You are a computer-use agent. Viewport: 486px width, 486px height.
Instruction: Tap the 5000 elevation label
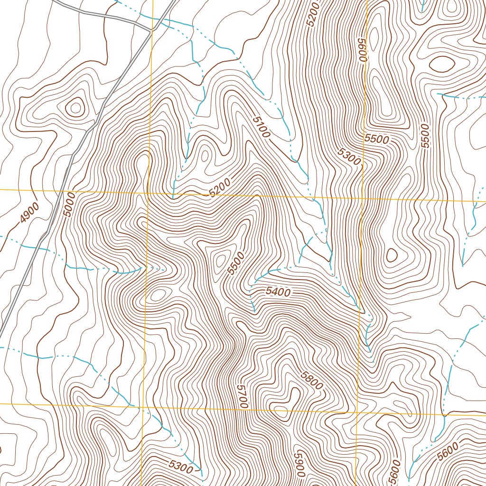pos(69,205)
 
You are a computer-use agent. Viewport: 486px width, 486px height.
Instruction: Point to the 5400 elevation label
pos(278,292)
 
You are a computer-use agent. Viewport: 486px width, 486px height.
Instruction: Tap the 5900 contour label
pos(299,463)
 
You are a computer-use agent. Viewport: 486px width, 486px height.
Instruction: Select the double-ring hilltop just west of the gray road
pos(75,108)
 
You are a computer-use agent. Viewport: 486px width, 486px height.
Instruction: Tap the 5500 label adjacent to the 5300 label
pos(377,139)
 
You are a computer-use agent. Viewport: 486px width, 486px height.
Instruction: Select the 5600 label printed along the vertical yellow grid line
pos(364,49)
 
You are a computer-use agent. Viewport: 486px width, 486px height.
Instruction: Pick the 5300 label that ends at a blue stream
pos(181,467)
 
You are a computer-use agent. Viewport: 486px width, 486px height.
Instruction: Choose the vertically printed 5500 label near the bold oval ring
pos(425,136)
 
